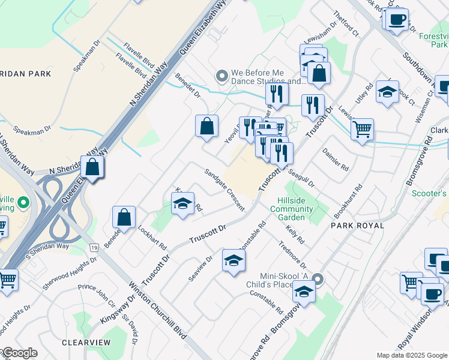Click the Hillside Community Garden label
[292, 209]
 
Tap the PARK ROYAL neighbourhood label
[357, 225]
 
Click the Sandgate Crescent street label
[224, 189]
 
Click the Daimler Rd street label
[336, 160]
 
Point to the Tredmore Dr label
[293, 256]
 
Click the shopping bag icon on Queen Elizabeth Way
[92, 166]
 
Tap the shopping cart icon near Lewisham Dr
[362, 128]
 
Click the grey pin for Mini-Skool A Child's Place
[319, 279]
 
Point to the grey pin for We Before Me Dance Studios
[222, 76]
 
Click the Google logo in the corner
[19, 353]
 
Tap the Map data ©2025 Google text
[411, 355]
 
